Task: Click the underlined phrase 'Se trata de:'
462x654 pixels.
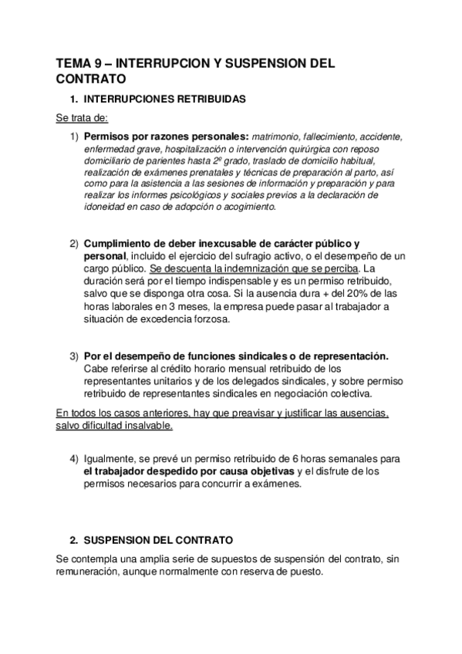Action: tap(83, 118)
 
